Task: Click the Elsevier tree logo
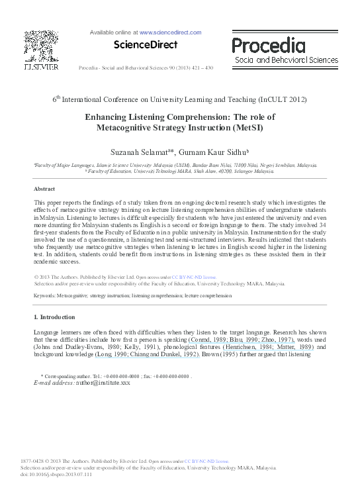tap(42, 46)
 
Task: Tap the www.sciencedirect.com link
tap(170, 32)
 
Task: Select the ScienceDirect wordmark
tap(146, 45)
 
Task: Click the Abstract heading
tap(44, 189)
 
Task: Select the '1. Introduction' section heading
tap(54, 317)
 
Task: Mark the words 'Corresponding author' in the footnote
tap(70, 375)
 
